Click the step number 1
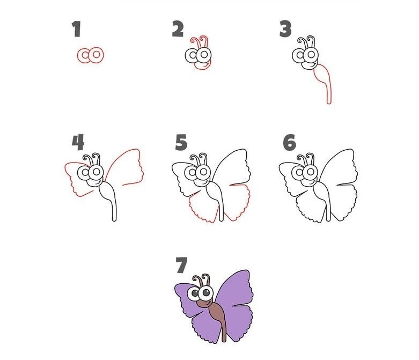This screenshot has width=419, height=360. pos(76,29)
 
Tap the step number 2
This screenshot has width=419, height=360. pos(178,29)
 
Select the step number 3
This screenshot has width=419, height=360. pos(285,29)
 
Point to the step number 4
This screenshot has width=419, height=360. pos(78,143)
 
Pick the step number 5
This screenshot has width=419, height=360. pos(181,143)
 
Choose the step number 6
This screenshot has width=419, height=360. pos(290,143)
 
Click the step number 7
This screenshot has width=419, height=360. pos(182,265)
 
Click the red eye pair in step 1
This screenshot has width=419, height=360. pos(90,55)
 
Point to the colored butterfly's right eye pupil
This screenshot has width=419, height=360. pos(206,293)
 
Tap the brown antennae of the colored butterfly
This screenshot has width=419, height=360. pos(202,280)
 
